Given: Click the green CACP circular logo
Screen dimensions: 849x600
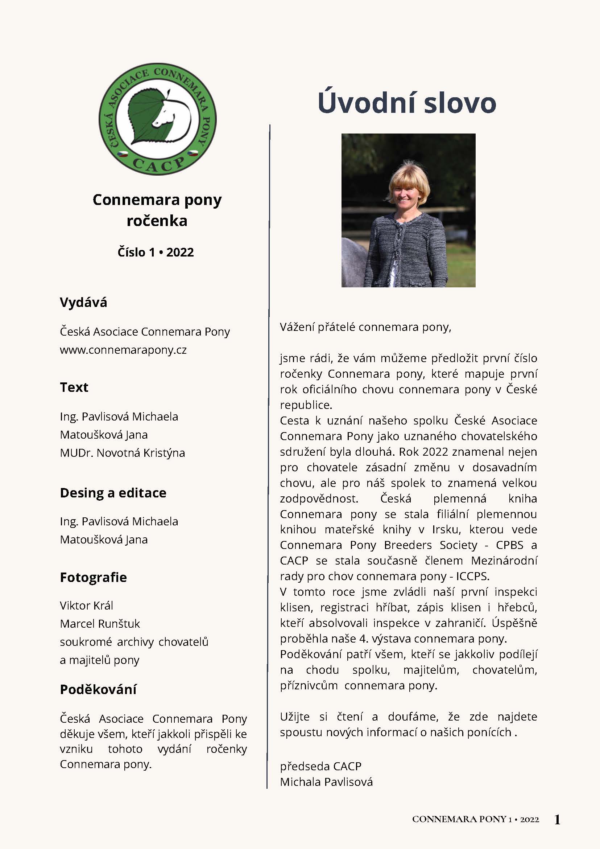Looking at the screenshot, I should pyautogui.click(x=157, y=119).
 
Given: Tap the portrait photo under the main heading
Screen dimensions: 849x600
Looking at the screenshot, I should pyautogui.click(x=408, y=210).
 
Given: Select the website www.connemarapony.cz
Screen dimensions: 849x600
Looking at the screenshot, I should pyautogui.click(x=123, y=350).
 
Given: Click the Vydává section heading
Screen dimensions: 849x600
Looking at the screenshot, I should pyautogui.click(x=83, y=303).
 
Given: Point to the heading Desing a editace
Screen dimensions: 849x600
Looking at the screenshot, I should pyautogui.click(x=113, y=493).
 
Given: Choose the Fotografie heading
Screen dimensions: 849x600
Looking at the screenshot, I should pyautogui.click(x=93, y=577).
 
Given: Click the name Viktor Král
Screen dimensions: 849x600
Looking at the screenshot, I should pyautogui.click(x=86, y=606).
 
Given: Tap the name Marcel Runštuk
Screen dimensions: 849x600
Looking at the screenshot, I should pyautogui.click(x=100, y=624).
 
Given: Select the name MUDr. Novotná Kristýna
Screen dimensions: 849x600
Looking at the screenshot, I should pyautogui.click(x=122, y=453).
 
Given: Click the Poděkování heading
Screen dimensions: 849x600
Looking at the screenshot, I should pyautogui.click(x=98, y=689).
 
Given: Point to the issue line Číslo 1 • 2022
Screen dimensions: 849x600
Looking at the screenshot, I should pyautogui.click(x=156, y=252).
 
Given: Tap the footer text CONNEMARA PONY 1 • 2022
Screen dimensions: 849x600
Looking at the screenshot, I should pyautogui.click(x=476, y=819).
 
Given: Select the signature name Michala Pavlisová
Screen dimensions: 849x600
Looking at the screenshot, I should pyautogui.click(x=326, y=782).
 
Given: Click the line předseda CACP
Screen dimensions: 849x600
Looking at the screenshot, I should pyautogui.click(x=320, y=766).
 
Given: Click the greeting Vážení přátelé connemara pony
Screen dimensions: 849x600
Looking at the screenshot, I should pyautogui.click(x=365, y=327).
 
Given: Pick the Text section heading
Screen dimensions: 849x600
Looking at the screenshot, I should pyautogui.click(x=74, y=387).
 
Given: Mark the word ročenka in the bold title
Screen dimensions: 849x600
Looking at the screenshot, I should pyautogui.click(x=157, y=221).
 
